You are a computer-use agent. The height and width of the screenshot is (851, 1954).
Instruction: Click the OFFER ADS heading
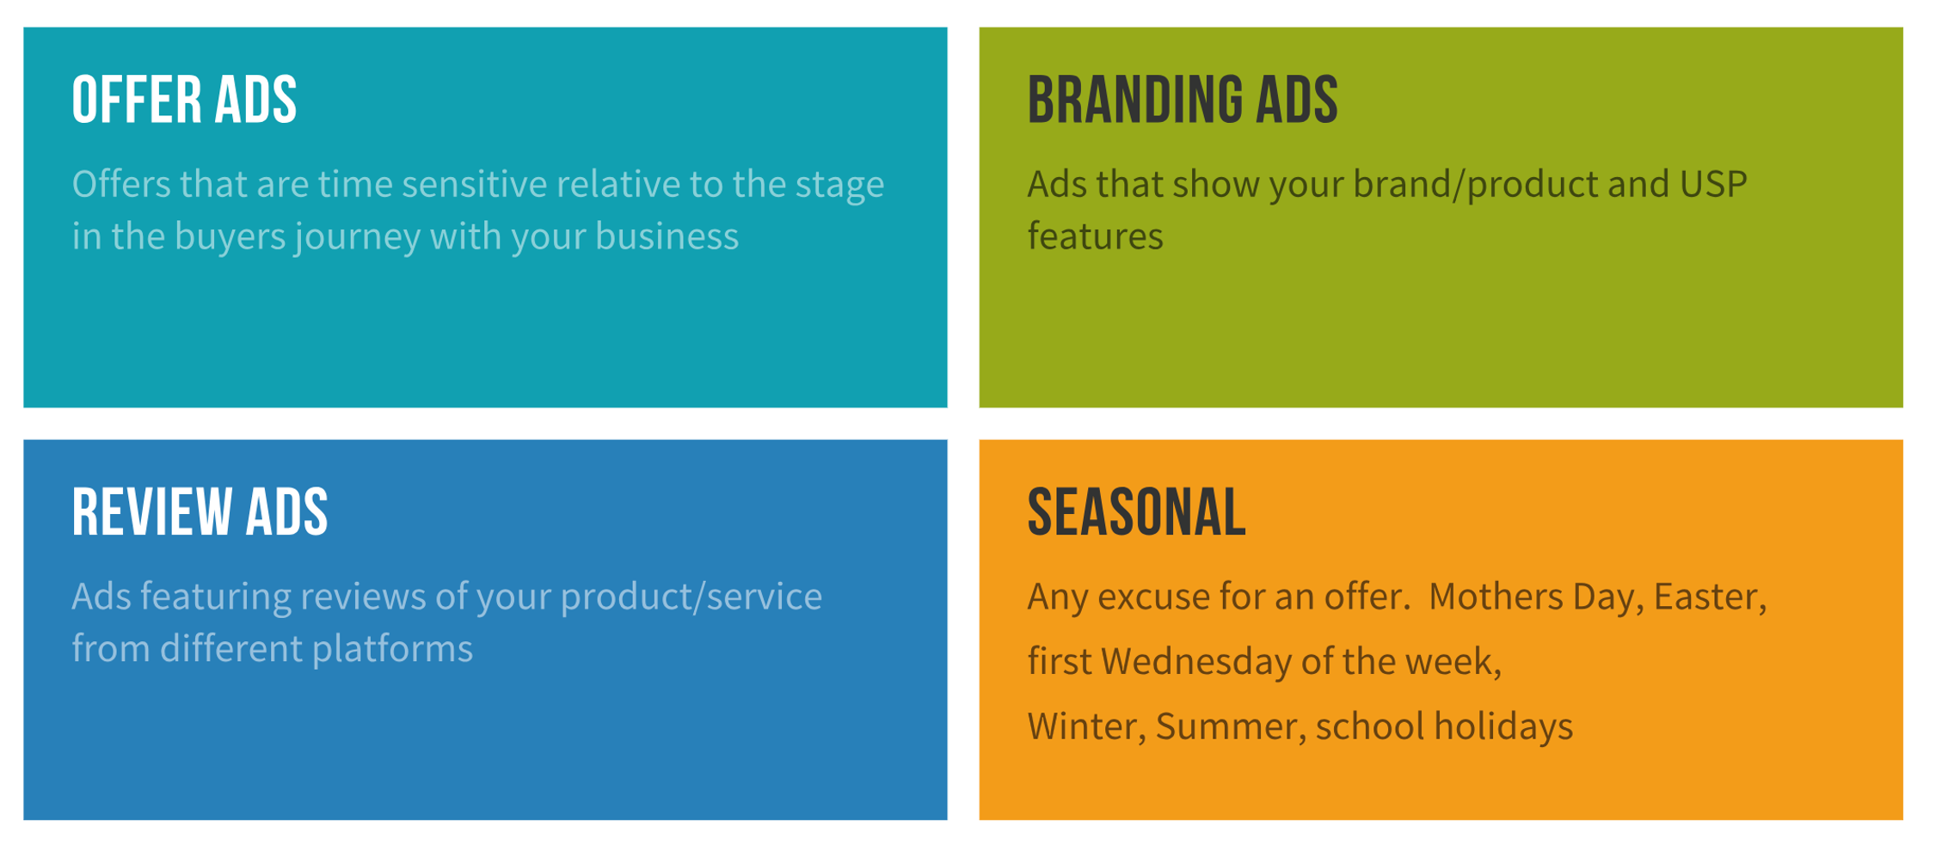[184, 101]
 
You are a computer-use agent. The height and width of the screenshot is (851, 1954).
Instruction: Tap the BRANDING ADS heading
[1182, 101]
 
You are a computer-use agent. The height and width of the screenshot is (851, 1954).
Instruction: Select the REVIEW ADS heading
[200, 512]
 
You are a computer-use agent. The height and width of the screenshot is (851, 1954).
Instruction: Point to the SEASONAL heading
[1135, 512]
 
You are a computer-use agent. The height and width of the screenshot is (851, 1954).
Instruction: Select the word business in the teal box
[667, 236]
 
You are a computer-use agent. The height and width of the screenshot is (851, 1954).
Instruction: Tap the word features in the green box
[1095, 236]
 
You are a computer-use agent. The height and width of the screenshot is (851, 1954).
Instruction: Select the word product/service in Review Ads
[691, 597]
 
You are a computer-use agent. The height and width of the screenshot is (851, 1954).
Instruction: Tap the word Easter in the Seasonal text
[1708, 597]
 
